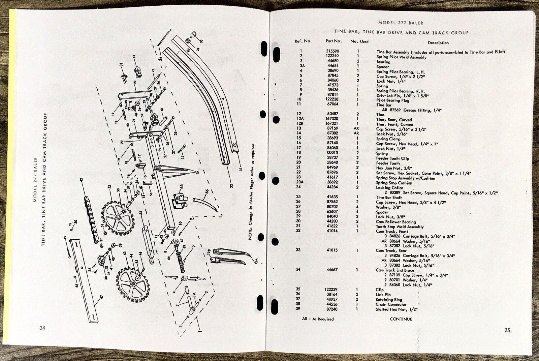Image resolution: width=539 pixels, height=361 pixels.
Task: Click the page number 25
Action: click(507, 330)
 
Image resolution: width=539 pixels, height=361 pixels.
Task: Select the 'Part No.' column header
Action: click(334, 41)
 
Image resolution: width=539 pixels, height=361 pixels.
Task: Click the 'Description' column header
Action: click(438, 43)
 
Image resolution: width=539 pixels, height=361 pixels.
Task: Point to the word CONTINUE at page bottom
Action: click(401, 319)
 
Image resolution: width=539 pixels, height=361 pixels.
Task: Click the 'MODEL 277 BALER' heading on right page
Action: click(401, 23)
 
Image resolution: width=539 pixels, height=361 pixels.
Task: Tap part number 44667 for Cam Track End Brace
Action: click(332, 270)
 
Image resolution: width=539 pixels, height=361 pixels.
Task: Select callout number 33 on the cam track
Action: click(241, 169)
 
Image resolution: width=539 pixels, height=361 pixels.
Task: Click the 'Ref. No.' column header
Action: click(303, 41)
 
